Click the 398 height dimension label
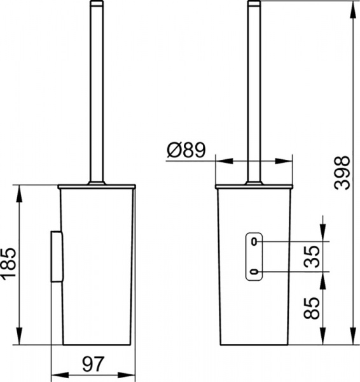[x=342, y=173]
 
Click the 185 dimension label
[x=8, y=264]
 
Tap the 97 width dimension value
[x=93, y=364]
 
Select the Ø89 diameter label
[x=186, y=150]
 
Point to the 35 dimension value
[x=312, y=257]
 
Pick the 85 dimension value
[x=312, y=308]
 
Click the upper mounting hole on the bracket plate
[x=254, y=242]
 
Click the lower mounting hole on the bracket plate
[x=254, y=272]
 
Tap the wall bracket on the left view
[x=57, y=257]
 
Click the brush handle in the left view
[x=97, y=91]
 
